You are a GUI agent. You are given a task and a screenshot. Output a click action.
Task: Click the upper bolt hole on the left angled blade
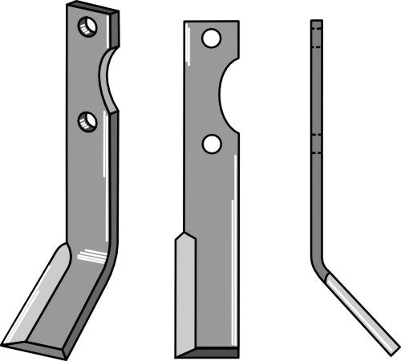(x=87, y=27)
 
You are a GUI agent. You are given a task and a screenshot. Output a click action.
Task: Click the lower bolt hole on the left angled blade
(x=87, y=122)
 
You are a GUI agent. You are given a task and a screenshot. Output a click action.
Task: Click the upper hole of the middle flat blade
(x=211, y=38)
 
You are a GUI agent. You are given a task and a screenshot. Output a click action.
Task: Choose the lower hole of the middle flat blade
(x=211, y=144)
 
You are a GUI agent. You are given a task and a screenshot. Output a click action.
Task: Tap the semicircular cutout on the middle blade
(x=230, y=92)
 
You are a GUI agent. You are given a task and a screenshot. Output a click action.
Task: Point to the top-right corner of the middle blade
(x=237, y=22)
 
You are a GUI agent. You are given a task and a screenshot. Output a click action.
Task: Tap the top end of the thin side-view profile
(x=317, y=22)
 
